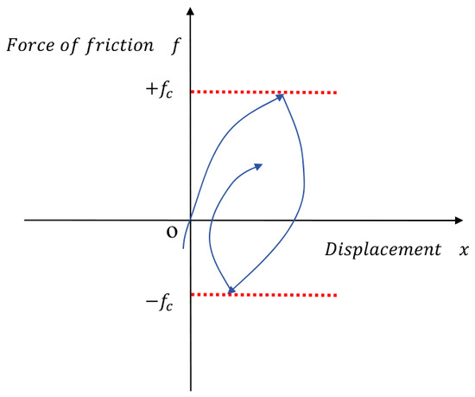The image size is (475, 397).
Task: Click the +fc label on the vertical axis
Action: [x=160, y=90]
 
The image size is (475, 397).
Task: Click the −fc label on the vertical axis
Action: [x=160, y=303]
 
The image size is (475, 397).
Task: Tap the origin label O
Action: [x=172, y=233]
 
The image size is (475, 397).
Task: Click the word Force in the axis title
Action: [x=30, y=45]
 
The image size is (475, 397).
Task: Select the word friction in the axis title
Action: [x=120, y=46]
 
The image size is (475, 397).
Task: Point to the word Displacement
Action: [x=383, y=250]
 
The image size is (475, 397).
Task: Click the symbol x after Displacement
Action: [x=464, y=251]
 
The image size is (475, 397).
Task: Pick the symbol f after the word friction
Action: [x=175, y=46]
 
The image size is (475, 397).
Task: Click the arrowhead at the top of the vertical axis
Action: [x=190, y=11]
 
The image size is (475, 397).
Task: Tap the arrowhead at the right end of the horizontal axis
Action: [x=459, y=221]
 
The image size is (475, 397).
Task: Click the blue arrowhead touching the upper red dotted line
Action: [x=280, y=97]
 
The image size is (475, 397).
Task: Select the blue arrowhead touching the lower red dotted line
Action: [x=231, y=290]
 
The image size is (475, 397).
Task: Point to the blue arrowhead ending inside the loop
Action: [x=258, y=167]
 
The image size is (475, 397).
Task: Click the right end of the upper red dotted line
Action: [x=336, y=93]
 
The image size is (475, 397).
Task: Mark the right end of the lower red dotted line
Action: [x=336, y=295]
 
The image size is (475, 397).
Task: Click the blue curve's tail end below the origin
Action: [x=183, y=248]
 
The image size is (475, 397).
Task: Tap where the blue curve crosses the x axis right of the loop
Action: [x=294, y=221]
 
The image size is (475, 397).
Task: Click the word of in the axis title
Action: [x=69, y=46]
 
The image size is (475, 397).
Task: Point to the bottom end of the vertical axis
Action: [x=191, y=391]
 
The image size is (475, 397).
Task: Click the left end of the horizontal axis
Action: [x=25, y=221]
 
